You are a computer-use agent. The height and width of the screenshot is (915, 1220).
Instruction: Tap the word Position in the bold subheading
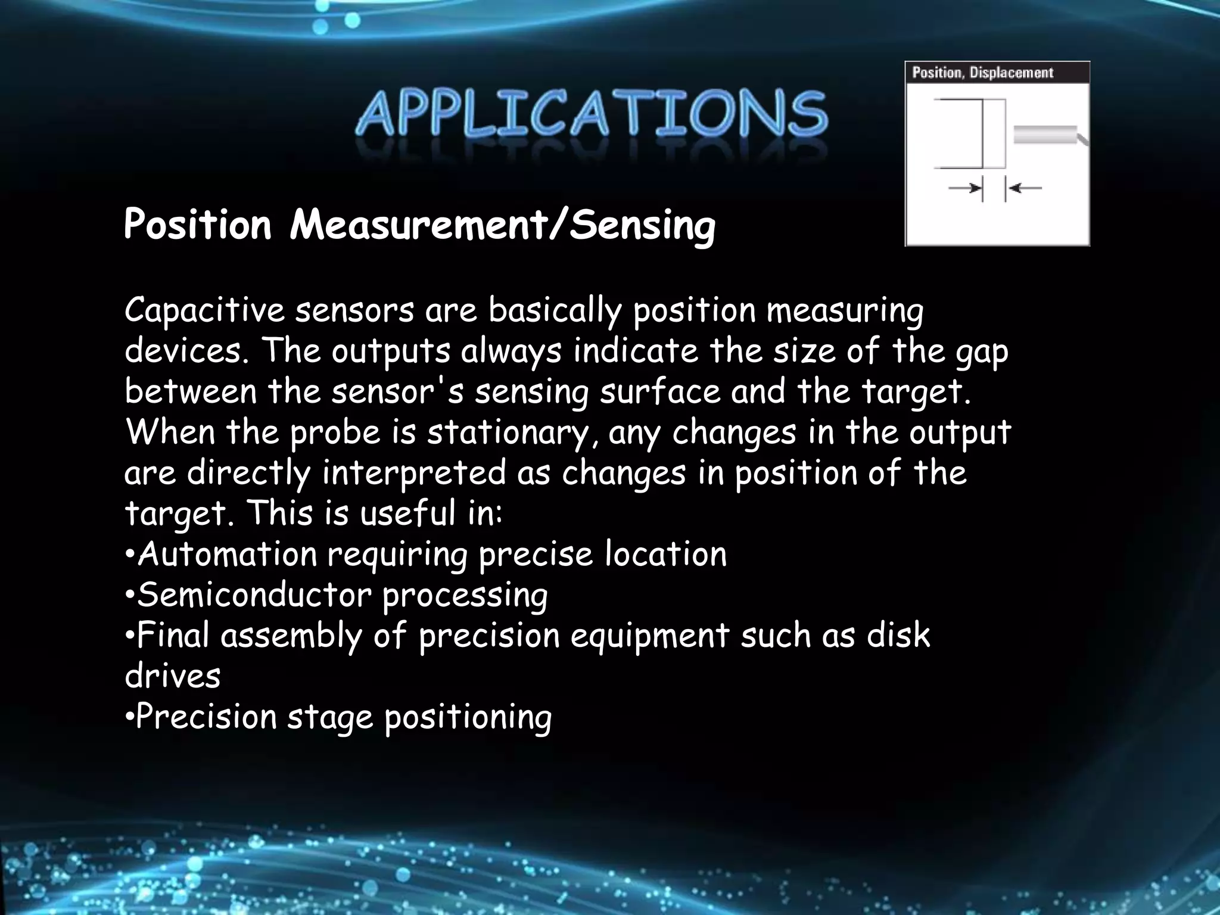click(197, 225)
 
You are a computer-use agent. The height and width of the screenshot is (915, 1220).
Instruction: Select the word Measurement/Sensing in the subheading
click(502, 225)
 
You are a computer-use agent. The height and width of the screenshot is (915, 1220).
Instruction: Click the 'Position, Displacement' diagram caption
click(983, 73)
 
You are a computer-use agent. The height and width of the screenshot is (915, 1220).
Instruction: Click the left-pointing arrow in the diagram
click(1025, 188)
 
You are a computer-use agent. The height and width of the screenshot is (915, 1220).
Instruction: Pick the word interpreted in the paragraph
click(414, 473)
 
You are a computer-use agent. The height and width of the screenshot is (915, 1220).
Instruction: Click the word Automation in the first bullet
click(227, 554)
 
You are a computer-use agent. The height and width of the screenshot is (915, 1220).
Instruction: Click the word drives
click(173, 676)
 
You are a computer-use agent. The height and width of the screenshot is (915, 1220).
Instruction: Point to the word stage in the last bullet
click(330, 717)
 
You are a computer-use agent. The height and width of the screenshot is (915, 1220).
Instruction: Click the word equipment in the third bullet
click(650, 636)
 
